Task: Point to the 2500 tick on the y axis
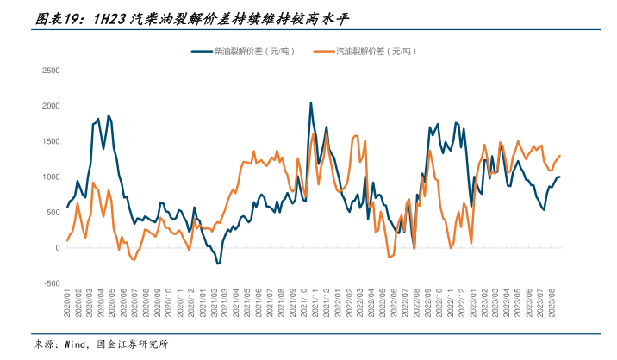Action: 50,71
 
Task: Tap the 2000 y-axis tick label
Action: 50,106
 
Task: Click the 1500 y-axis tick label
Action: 50,141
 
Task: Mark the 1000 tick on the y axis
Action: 50,177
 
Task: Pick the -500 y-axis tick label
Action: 50,283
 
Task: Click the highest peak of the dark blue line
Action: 310,102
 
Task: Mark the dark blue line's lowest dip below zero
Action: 218,263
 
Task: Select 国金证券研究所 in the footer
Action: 133,344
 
